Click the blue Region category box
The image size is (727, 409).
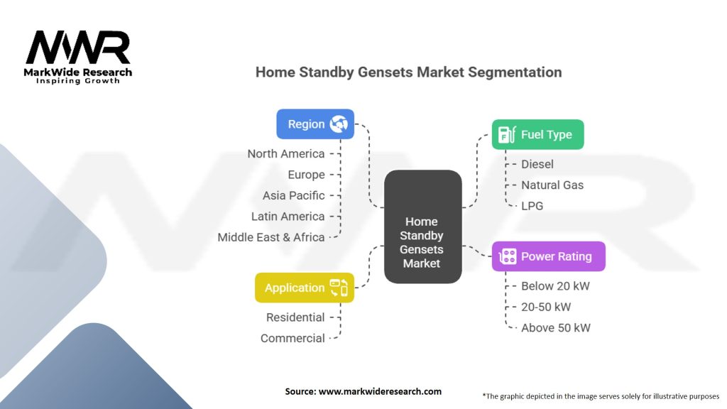click(315, 124)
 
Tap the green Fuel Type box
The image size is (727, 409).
click(538, 134)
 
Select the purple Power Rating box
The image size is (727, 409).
click(549, 256)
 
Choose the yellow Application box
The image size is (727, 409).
click(305, 288)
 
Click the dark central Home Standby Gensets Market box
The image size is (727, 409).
click(423, 227)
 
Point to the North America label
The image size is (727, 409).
click(286, 154)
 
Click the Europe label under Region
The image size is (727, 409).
click(306, 175)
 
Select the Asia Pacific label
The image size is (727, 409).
click(293, 196)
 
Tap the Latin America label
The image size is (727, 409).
click(288, 217)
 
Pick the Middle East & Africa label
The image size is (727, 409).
click(271, 237)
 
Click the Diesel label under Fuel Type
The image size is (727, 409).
click(537, 164)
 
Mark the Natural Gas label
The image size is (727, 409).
click(552, 185)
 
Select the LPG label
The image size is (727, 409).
click(532, 206)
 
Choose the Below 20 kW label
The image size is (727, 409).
click(555, 286)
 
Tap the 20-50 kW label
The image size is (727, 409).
click(546, 307)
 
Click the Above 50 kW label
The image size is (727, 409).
click(556, 328)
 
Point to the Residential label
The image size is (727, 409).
click(295, 317)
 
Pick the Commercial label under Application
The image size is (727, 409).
click(293, 339)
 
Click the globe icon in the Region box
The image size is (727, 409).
click(339, 124)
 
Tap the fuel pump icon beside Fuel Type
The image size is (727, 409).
click(507, 134)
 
